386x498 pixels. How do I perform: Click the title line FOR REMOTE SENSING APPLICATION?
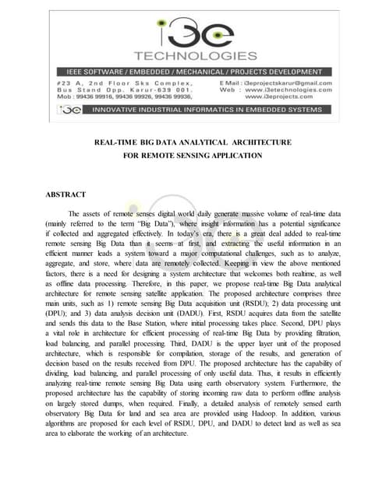pos(193,156)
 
